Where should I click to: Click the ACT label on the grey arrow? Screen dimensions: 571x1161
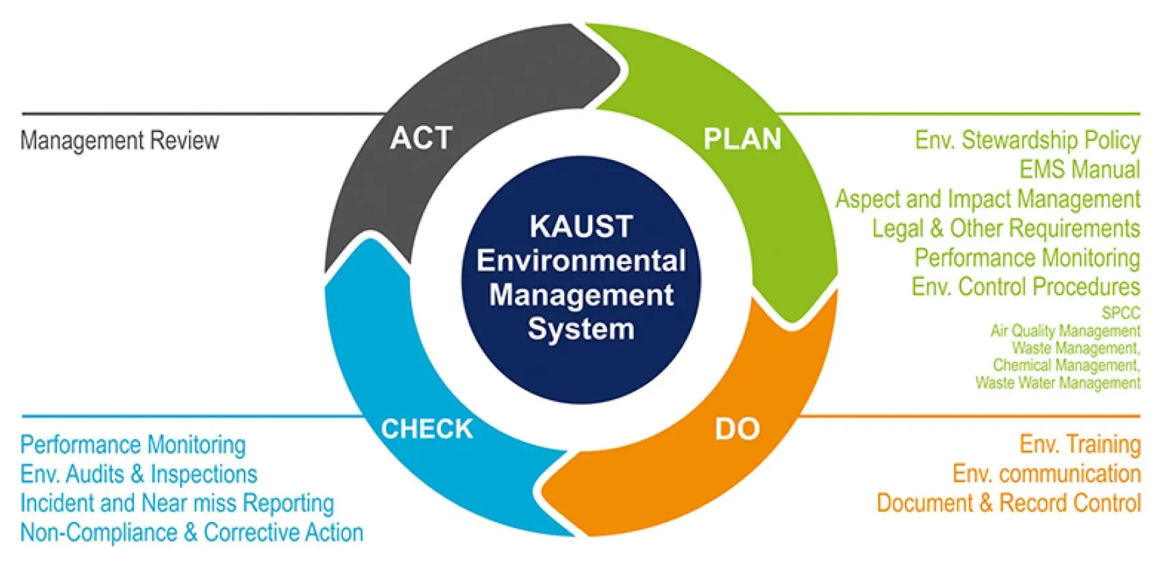(x=421, y=139)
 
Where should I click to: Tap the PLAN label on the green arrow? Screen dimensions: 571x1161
(x=742, y=139)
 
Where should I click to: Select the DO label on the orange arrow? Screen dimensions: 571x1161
(x=737, y=429)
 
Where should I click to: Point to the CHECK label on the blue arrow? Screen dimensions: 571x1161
(x=427, y=429)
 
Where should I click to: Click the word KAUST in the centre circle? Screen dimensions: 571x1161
(x=581, y=227)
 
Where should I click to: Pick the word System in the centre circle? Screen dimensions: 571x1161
(x=581, y=329)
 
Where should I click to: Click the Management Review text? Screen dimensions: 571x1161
(x=120, y=141)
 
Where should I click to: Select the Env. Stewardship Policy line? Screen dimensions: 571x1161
(x=1027, y=140)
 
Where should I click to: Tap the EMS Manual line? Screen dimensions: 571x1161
(x=1079, y=170)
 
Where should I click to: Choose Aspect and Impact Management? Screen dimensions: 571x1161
(x=987, y=199)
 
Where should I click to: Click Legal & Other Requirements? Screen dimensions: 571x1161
(x=1006, y=229)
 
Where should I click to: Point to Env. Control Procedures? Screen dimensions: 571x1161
(x=1026, y=287)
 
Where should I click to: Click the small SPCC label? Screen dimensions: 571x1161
(x=1120, y=313)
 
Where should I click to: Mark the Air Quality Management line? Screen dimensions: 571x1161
(x=1065, y=331)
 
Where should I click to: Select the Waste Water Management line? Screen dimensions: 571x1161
(x=1057, y=383)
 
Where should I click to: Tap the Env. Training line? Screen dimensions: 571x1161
(x=1080, y=444)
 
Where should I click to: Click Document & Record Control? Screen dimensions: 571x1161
(x=1008, y=503)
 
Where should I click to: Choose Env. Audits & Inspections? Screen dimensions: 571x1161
(x=139, y=474)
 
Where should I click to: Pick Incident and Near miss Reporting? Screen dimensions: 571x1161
(x=177, y=503)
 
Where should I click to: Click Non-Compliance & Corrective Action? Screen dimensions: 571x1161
(x=192, y=532)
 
